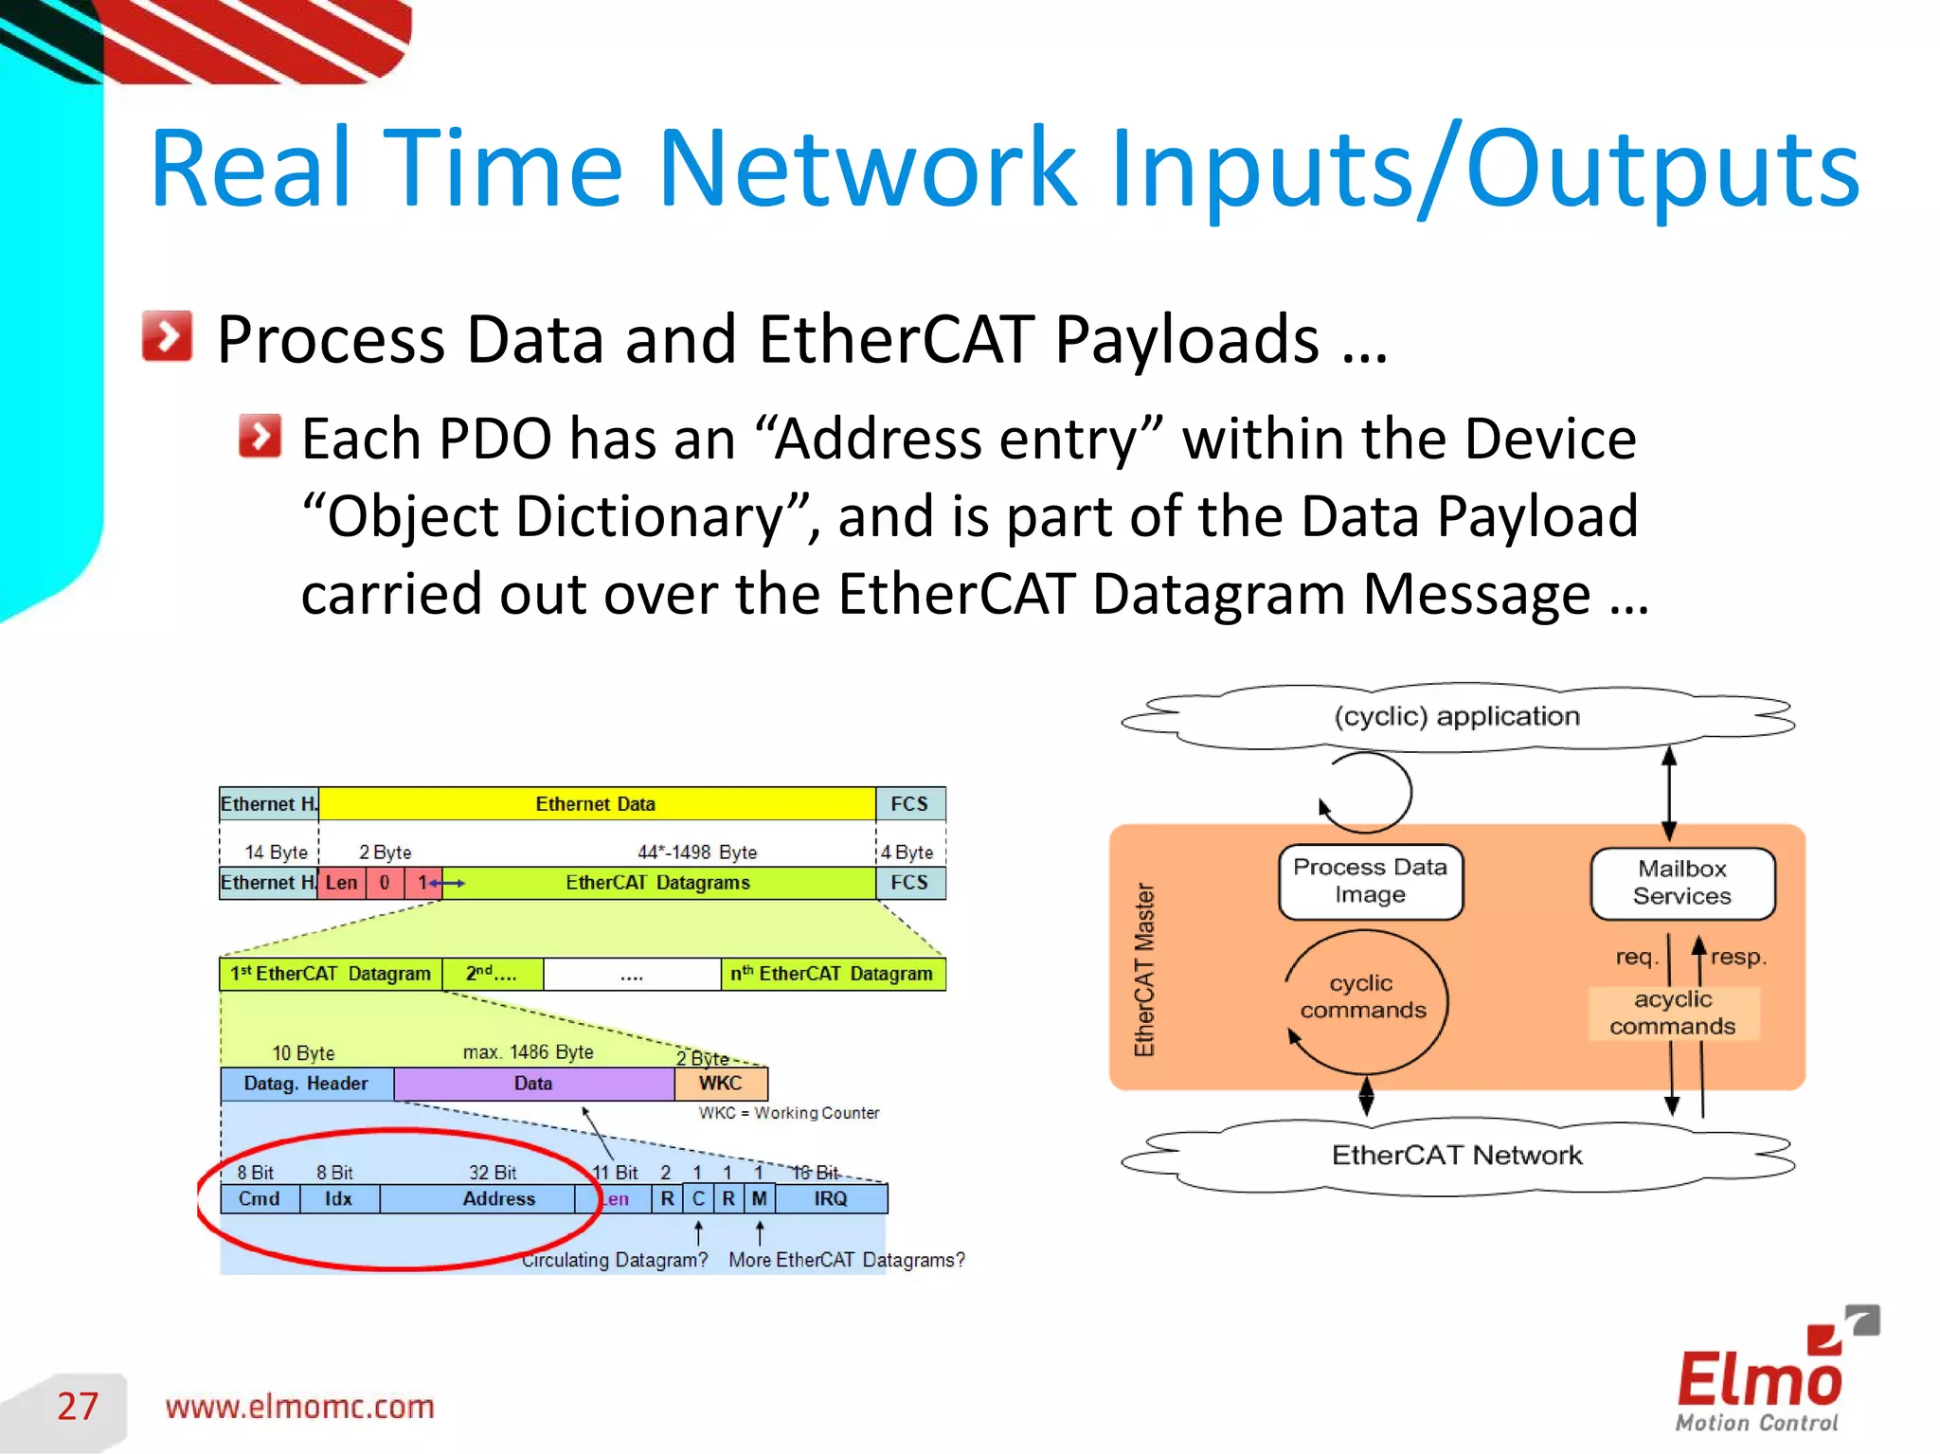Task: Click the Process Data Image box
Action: (1370, 881)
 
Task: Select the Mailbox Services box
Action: (1681, 883)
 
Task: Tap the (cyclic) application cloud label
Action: (1456, 716)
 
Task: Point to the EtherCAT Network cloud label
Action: (1456, 1155)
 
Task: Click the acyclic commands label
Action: (1672, 1013)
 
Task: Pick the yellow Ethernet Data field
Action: (596, 803)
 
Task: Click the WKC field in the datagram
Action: (720, 1083)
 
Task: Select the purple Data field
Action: (533, 1083)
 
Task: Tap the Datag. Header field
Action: (306, 1083)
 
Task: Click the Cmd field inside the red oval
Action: (259, 1198)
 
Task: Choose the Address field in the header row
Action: (498, 1198)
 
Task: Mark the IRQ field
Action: (830, 1198)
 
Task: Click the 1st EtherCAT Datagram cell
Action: (330, 974)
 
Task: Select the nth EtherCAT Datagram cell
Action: (832, 974)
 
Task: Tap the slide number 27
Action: (78, 1406)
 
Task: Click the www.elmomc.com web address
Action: (299, 1407)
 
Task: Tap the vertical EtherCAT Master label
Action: (1144, 969)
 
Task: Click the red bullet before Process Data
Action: (167, 336)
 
